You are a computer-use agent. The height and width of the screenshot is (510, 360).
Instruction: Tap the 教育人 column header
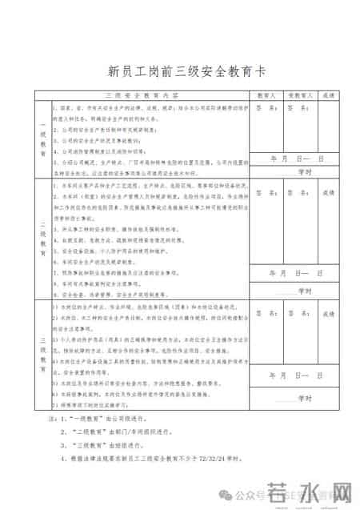click(x=266, y=94)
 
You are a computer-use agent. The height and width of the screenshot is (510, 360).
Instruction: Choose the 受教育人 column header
click(x=298, y=94)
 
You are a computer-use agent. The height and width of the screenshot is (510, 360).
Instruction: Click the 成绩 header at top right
click(x=329, y=94)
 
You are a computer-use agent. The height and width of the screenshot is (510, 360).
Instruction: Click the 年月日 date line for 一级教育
click(x=296, y=159)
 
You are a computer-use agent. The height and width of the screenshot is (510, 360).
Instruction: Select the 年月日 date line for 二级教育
click(x=296, y=273)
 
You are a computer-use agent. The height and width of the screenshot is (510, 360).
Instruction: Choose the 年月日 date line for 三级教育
click(x=296, y=374)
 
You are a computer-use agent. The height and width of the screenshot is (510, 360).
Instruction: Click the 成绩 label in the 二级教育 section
click(x=329, y=193)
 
